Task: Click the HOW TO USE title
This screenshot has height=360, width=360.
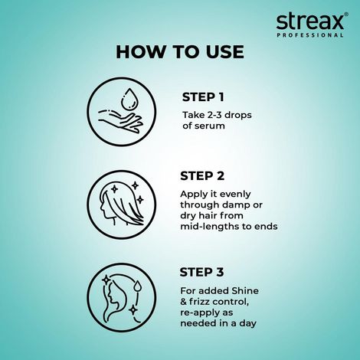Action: [180, 52]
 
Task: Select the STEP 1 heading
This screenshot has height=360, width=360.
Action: [203, 97]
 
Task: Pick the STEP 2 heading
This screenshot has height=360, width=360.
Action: [203, 176]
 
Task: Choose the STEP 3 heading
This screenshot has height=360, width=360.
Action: [203, 271]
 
